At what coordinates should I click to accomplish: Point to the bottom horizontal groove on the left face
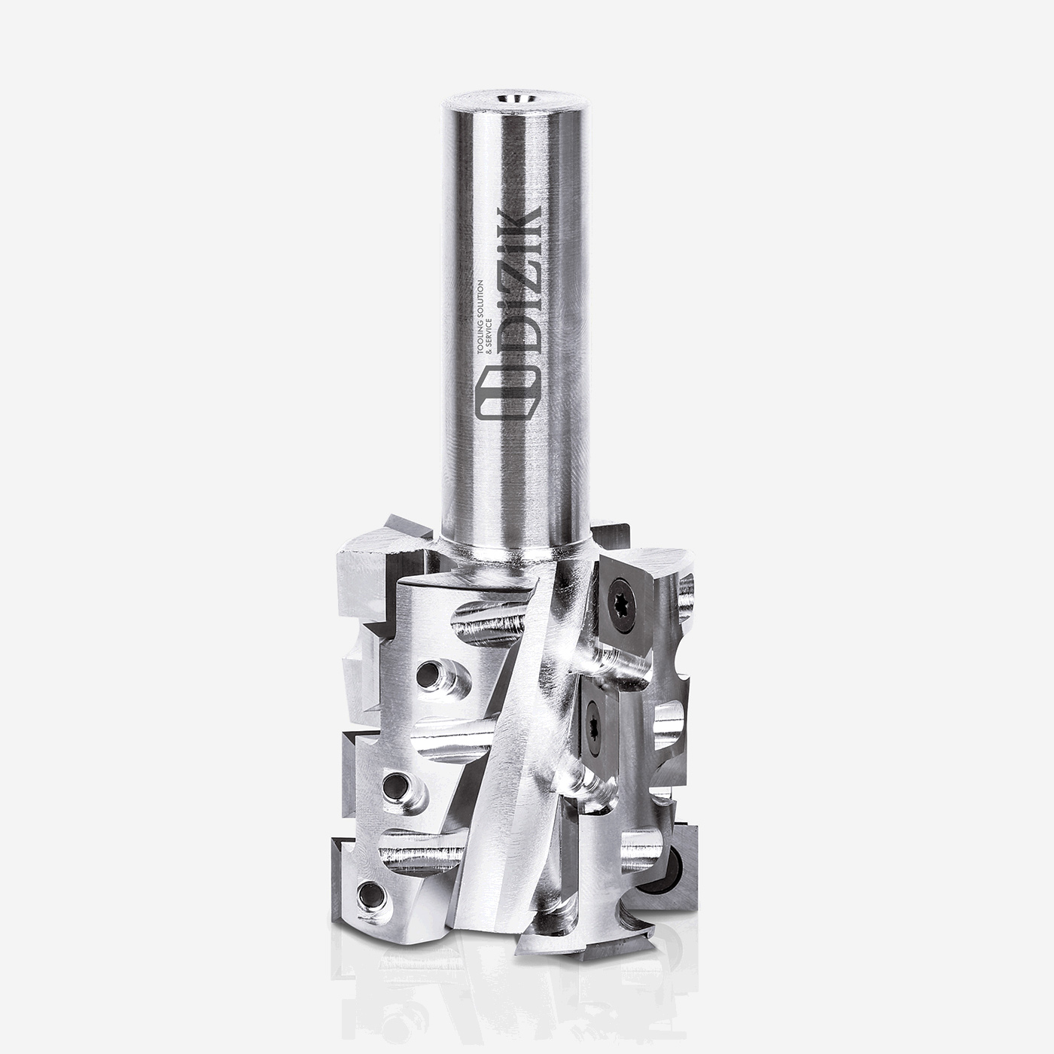coord(422,851)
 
